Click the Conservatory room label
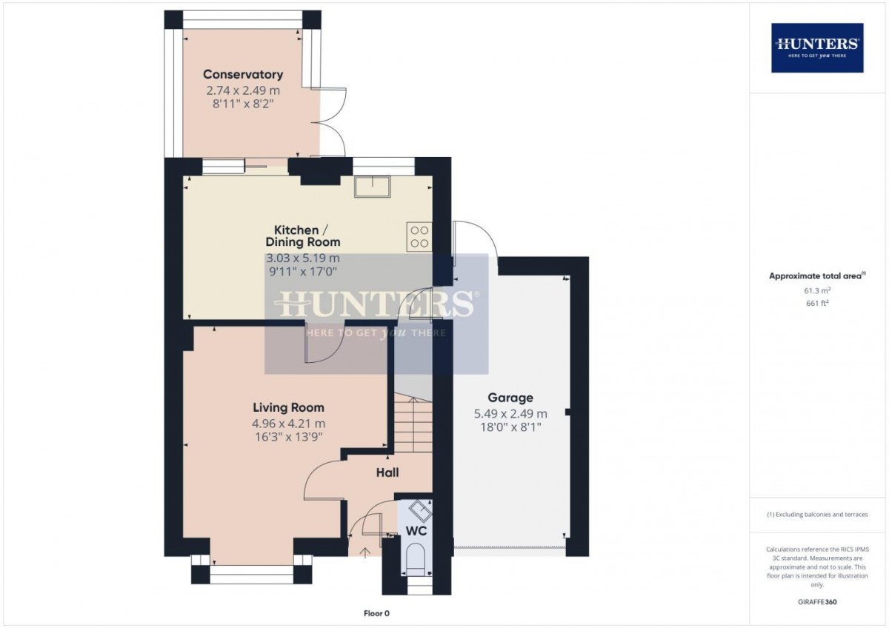(x=243, y=75)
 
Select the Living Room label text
(x=288, y=408)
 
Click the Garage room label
(x=510, y=398)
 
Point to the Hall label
(x=387, y=473)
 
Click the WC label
(x=416, y=531)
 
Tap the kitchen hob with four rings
(x=419, y=235)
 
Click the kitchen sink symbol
(x=372, y=188)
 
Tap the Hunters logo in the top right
(x=817, y=47)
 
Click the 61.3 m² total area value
(x=817, y=291)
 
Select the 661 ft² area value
(x=817, y=303)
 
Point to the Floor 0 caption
(x=376, y=613)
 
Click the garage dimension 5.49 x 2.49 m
(x=510, y=414)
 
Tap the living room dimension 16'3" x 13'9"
(x=288, y=437)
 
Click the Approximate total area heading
(x=817, y=276)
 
